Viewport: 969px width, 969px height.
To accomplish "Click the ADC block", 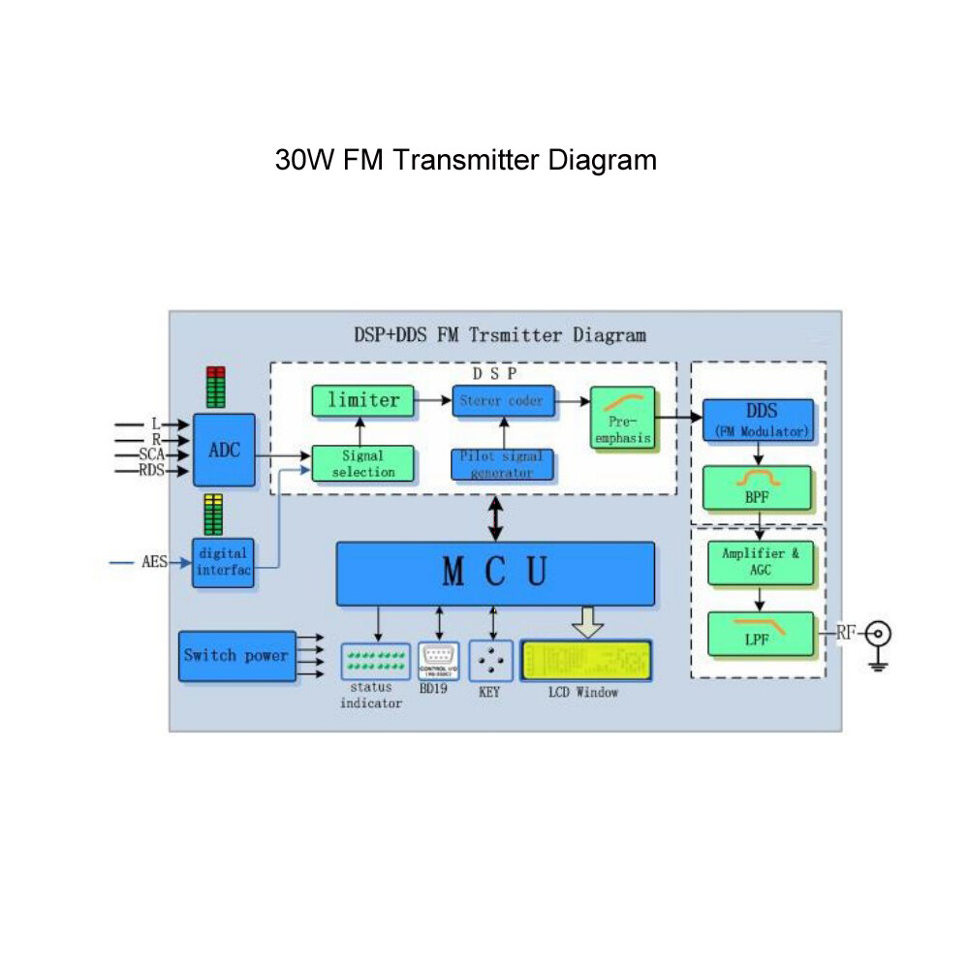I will [x=224, y=450].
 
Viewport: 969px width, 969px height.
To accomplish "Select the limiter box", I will [x=362, y=400].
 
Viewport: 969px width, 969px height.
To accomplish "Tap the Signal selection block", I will [x=362, y=463].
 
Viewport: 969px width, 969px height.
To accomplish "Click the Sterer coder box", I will [x=503, y=400].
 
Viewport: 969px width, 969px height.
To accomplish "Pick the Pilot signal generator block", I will [x=503, y=464].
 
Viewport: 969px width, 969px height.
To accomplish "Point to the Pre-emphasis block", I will [x=622, y=417].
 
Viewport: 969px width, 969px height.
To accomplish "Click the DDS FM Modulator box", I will [x=759, y=420].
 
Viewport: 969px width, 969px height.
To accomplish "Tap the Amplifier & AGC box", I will [x=760, y=563].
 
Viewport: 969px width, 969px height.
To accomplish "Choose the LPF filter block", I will [x=760, y=633].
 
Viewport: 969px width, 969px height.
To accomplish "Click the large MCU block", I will [x=495, y=573].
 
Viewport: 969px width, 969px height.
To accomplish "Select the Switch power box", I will [x=236, y=656].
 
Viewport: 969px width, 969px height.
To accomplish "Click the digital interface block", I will [x=223, y=562].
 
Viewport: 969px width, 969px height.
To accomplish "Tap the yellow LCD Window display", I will [x=586, y=661].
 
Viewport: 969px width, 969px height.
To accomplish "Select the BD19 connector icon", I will [x=439, y=660].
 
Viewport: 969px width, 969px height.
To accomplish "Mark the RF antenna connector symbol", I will [x=879, y=635].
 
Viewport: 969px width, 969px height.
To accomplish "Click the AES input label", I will [x=154, y=562].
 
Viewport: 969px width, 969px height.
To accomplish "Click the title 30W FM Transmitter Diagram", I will [x=465, y=159].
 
